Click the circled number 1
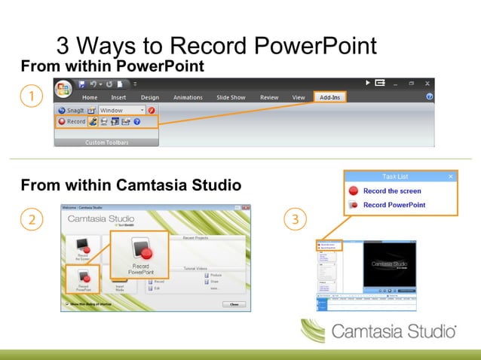click(x=30, y=96)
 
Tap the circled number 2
click(x=30, y=220)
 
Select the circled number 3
click(x=296, y=220)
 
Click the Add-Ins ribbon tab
click(x=329, y=97)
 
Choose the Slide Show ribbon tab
click(x=231, y=97)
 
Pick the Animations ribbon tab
click(x=188, y=97)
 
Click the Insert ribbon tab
click(x=118, y=97)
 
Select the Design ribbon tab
click(x=150, y=97)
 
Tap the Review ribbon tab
click(x=269, y=97)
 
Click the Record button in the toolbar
click(x=72, y=121)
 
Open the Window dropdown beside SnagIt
click(x=122, y=110)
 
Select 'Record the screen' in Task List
click(x=392, y=191)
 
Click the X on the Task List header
click(x=451, y=176)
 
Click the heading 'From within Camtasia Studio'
click(x=130, y=185)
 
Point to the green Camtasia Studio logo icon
click(x=314, y=331)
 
